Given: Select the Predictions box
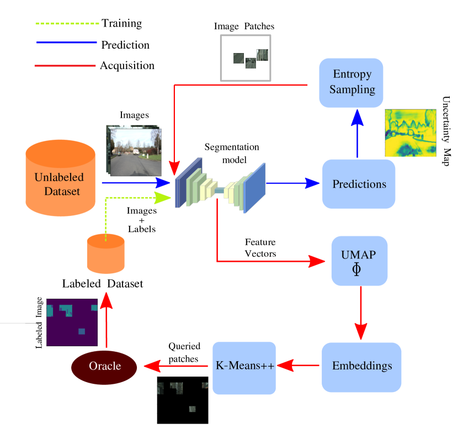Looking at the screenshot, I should [359, 184].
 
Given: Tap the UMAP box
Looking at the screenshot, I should [359, 261].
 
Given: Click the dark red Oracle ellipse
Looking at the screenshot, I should [104, 367].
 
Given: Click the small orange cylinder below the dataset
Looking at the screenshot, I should [105, 253].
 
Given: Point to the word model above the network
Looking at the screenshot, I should [234, 160].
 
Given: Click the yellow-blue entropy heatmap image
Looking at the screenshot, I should [410, 133].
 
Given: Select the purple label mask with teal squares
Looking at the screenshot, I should [72, 322].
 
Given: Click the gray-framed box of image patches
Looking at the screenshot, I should [246, 58].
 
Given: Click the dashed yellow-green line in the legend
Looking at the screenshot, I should [67, 24].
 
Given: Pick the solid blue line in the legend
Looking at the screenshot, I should [66, 42].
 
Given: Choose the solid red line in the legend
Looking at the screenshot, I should [65, 66].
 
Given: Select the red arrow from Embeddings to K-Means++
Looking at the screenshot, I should [298, 366].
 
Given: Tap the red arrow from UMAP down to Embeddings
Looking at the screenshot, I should [360, 312].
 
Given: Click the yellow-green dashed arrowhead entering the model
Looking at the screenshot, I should [163, 197].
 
